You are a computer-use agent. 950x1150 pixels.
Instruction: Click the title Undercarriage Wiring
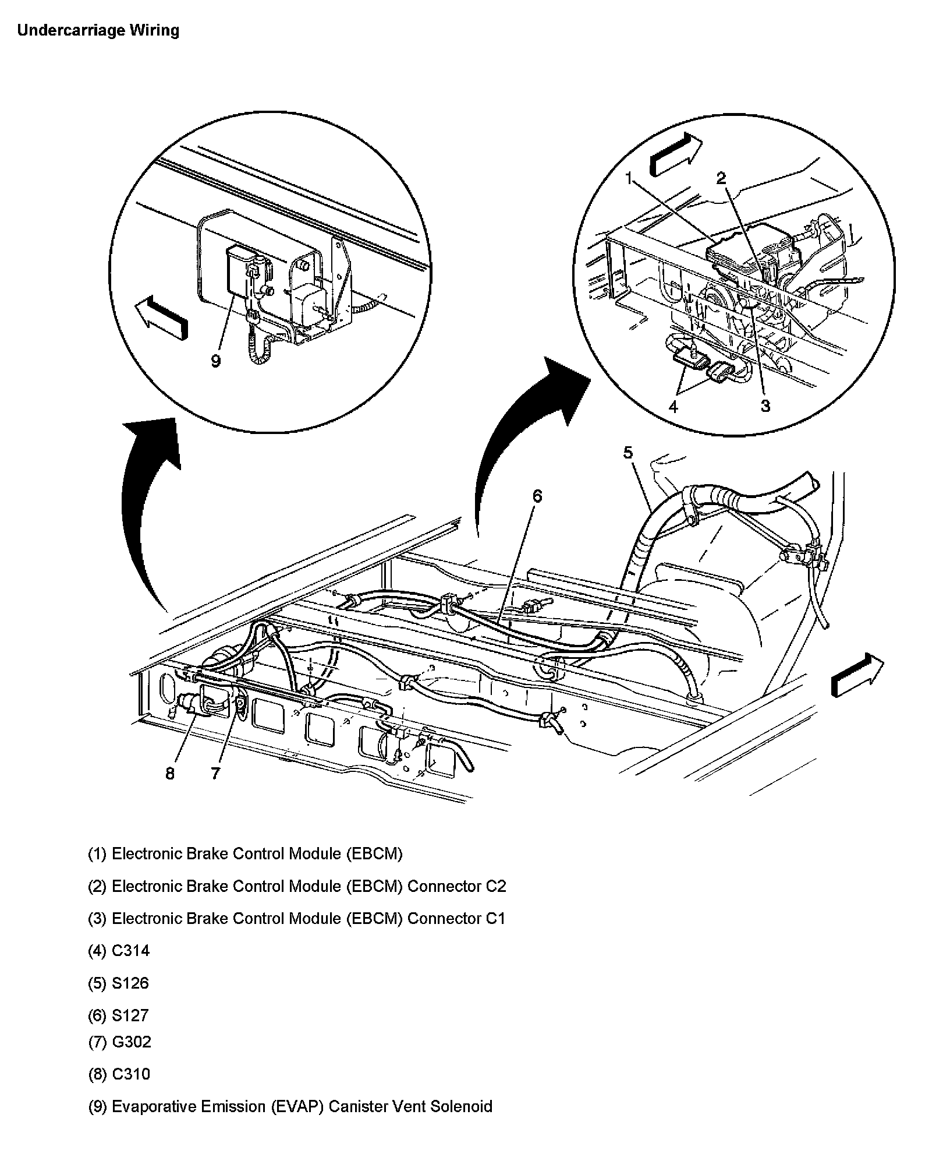click(98, 30)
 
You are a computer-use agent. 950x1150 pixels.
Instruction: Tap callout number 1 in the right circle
click(629, 179)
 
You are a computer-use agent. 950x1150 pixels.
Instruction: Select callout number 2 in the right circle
click(721, 178)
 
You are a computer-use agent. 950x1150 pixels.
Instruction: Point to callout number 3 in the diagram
click(765, 406)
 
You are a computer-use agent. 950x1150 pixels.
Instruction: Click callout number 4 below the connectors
click(673, 406)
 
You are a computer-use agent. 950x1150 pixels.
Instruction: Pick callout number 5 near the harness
click(628, 452)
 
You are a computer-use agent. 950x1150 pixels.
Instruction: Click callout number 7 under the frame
click(215, 774)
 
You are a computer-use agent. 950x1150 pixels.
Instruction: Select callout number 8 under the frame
click(169, 774)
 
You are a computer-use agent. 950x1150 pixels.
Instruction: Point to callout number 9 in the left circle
click(216, 361)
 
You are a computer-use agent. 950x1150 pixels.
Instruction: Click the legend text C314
click(130, 951)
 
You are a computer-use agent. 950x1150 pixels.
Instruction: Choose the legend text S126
click(130, 983)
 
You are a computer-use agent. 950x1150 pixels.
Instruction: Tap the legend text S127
click(130, 1015)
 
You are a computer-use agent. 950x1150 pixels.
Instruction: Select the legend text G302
click(131, 1041)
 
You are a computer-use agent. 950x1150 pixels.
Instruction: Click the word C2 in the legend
click(496, 886)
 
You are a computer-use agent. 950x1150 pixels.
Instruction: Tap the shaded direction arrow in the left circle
click(162, 316)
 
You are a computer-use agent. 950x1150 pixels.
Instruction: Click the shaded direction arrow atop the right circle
click(676, 154)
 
